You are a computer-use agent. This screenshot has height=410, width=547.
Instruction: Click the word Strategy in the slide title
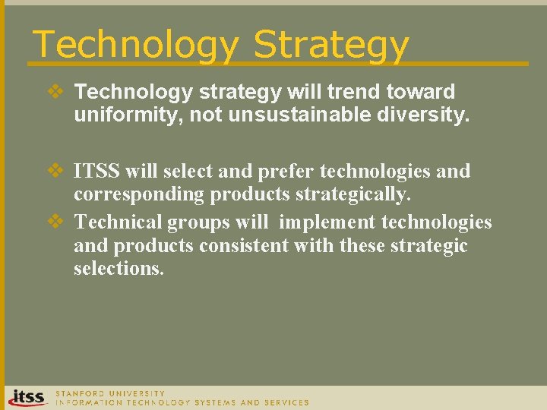(331, 45)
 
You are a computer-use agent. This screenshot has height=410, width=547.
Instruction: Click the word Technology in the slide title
(135, 45)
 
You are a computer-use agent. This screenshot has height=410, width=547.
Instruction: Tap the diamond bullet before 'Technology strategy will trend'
(57, 92)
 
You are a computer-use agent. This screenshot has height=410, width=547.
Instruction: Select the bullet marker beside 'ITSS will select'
(57, 171)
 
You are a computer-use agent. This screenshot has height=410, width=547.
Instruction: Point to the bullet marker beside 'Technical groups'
(57, 222)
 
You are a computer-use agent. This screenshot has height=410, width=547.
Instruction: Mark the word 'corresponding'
(139, 195)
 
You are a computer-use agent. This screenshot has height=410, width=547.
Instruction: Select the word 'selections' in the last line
(119, 269)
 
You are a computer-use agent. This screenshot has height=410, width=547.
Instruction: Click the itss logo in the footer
(27, 397)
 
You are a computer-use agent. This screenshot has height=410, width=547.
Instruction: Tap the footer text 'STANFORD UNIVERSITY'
(110, 393)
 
